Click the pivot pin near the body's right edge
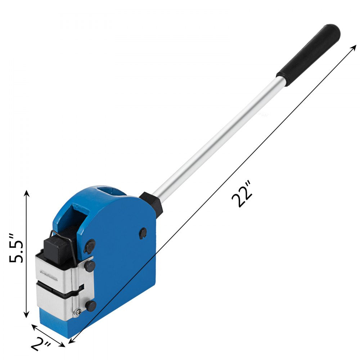point(143,233)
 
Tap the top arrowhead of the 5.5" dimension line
point(26,193)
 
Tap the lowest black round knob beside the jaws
point(90,306)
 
